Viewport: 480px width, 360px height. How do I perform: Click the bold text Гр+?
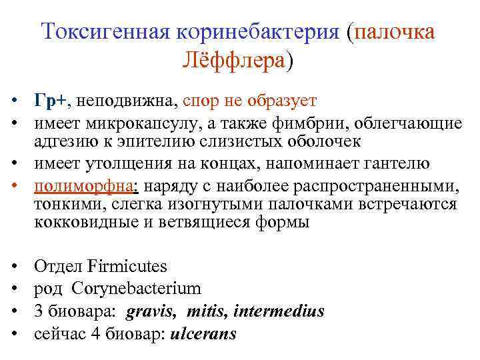pos(51,101)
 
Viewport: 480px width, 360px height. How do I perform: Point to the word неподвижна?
pos(123,101)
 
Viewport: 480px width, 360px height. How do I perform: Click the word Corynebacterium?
pos(136,289)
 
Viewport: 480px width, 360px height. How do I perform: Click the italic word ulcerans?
pos(203,333)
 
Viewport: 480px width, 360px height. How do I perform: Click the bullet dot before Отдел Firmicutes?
pos(13,267)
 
